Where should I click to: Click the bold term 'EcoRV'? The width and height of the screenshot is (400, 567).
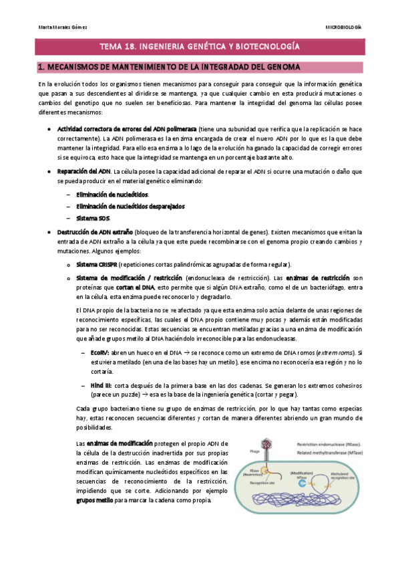[x=99, y=352]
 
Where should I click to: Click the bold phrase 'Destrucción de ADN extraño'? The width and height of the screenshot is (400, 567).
[x=96, y=231]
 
